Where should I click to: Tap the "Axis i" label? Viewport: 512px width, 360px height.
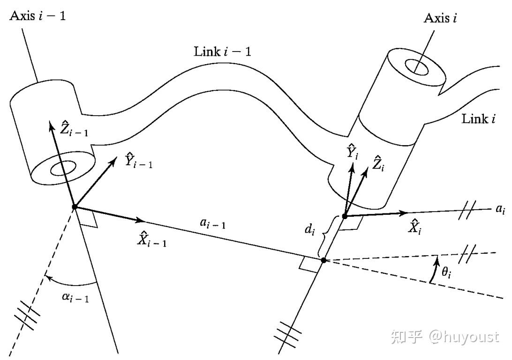[x=440, y=18]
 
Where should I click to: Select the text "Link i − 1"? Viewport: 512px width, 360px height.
[x=222, y=51]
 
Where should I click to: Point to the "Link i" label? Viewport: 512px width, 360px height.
[x=479, y=119]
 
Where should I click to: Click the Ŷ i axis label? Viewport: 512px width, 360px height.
[x=353, y=152]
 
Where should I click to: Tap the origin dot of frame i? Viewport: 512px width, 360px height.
[x=344, y=216]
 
